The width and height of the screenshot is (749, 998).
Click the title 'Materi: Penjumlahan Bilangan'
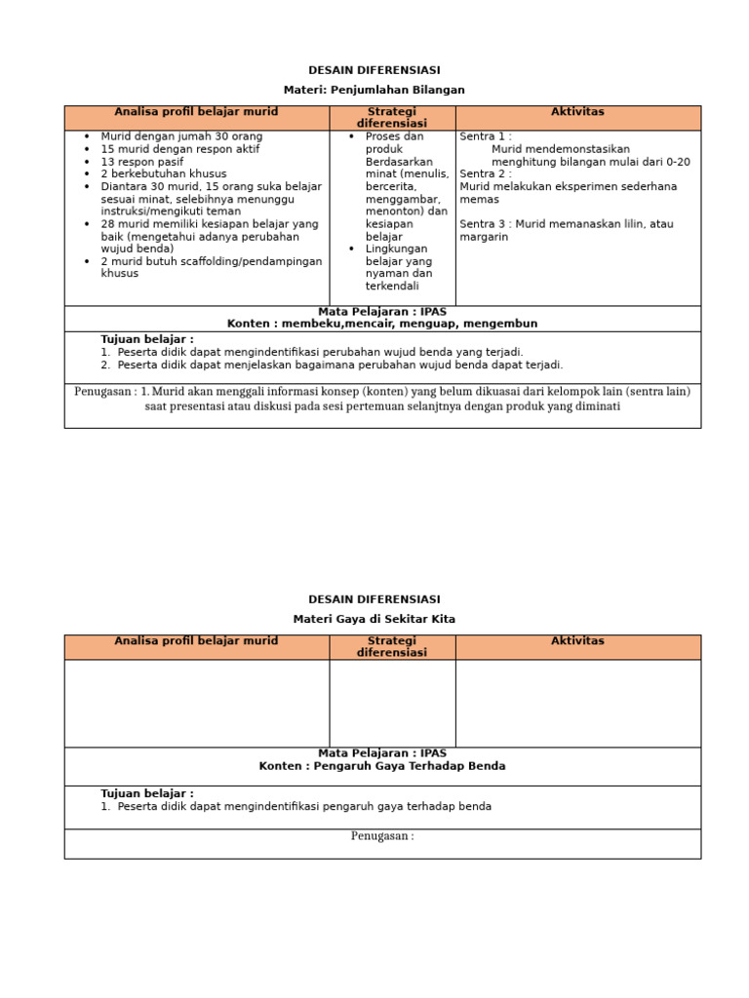(x=374, y=90)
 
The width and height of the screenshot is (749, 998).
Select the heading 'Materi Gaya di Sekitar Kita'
(x=374, y=619)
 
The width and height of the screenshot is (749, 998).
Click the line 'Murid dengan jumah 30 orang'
(x=181, y=136)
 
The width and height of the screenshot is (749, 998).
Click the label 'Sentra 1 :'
(x=486, y=136)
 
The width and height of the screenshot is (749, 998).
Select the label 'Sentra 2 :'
(x=486, y=174)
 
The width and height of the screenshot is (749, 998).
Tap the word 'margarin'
(x=484, y=237)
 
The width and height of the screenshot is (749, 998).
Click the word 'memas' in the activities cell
(x=479, y=199)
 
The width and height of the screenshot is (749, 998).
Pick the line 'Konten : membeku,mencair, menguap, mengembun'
(x=382, y=324)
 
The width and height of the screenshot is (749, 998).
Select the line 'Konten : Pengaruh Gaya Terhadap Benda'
(x=382, y=766)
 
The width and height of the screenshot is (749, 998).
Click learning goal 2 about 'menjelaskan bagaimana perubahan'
(x=339, y=365)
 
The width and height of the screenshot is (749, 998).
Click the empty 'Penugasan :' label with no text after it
(x=382, y=836)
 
